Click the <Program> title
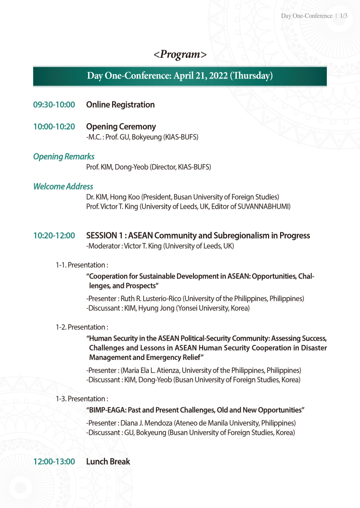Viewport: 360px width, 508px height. pyautogui.click(x=180, y=54)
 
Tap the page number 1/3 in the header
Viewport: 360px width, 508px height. pyautogui.click(x=343, y=16)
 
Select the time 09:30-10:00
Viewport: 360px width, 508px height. pyautogui.click(x=54, y=105)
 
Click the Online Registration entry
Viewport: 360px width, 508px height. pyautogui.click(x=120, y=105)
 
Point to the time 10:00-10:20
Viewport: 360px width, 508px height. pyautogui.click(x=54, y=127)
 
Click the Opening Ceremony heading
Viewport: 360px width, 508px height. pyautogui.click(x=121, y=127)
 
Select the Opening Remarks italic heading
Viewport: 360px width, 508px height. pyautogui.click(x=64, y=156)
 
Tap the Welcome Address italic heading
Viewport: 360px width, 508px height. pyautogui.click(x=63, y=186)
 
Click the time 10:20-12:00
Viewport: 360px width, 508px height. pyautogui.click(x=54, y=236)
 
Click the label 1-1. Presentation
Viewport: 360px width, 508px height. pyautogui.click(x=81, y=265)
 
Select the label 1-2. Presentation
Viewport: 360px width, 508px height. pyautogui.click(x=81, y=327)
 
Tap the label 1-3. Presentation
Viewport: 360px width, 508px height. pyautogui.click(x=81, y=398)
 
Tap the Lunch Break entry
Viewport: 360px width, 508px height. pyautogui.click(x=108, y=462)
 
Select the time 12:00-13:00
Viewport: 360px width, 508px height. pyautogui.click(x=54, y=462)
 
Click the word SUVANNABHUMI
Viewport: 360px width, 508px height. pyautogui.click(x=263, y=207)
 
